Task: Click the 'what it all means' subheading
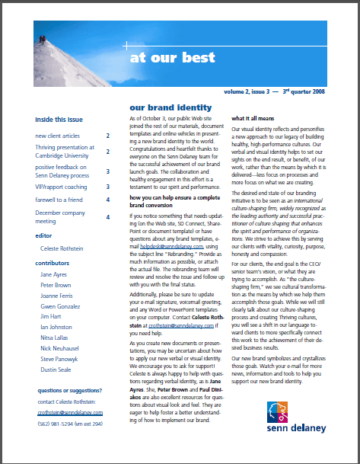(x=254, y=119)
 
